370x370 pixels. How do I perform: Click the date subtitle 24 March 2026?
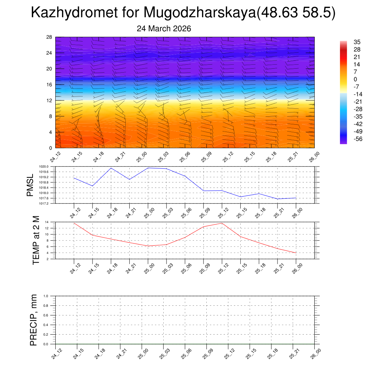coord(164,29)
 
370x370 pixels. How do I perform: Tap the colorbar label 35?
coord(347,42)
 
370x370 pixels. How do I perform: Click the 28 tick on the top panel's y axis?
coord(50,37)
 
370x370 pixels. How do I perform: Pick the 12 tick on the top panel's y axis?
coord(50,100)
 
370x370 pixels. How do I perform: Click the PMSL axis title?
coord(30,185)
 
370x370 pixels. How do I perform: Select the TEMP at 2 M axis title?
coord(36,240)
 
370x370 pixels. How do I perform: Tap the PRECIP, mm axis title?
coord(33,320)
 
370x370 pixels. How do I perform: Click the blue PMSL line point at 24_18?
coord(111,168)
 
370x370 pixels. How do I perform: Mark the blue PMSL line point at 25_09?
coord(203,191)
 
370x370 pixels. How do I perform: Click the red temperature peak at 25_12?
coord(222,223)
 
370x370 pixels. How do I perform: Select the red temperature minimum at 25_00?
coord(148,246)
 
